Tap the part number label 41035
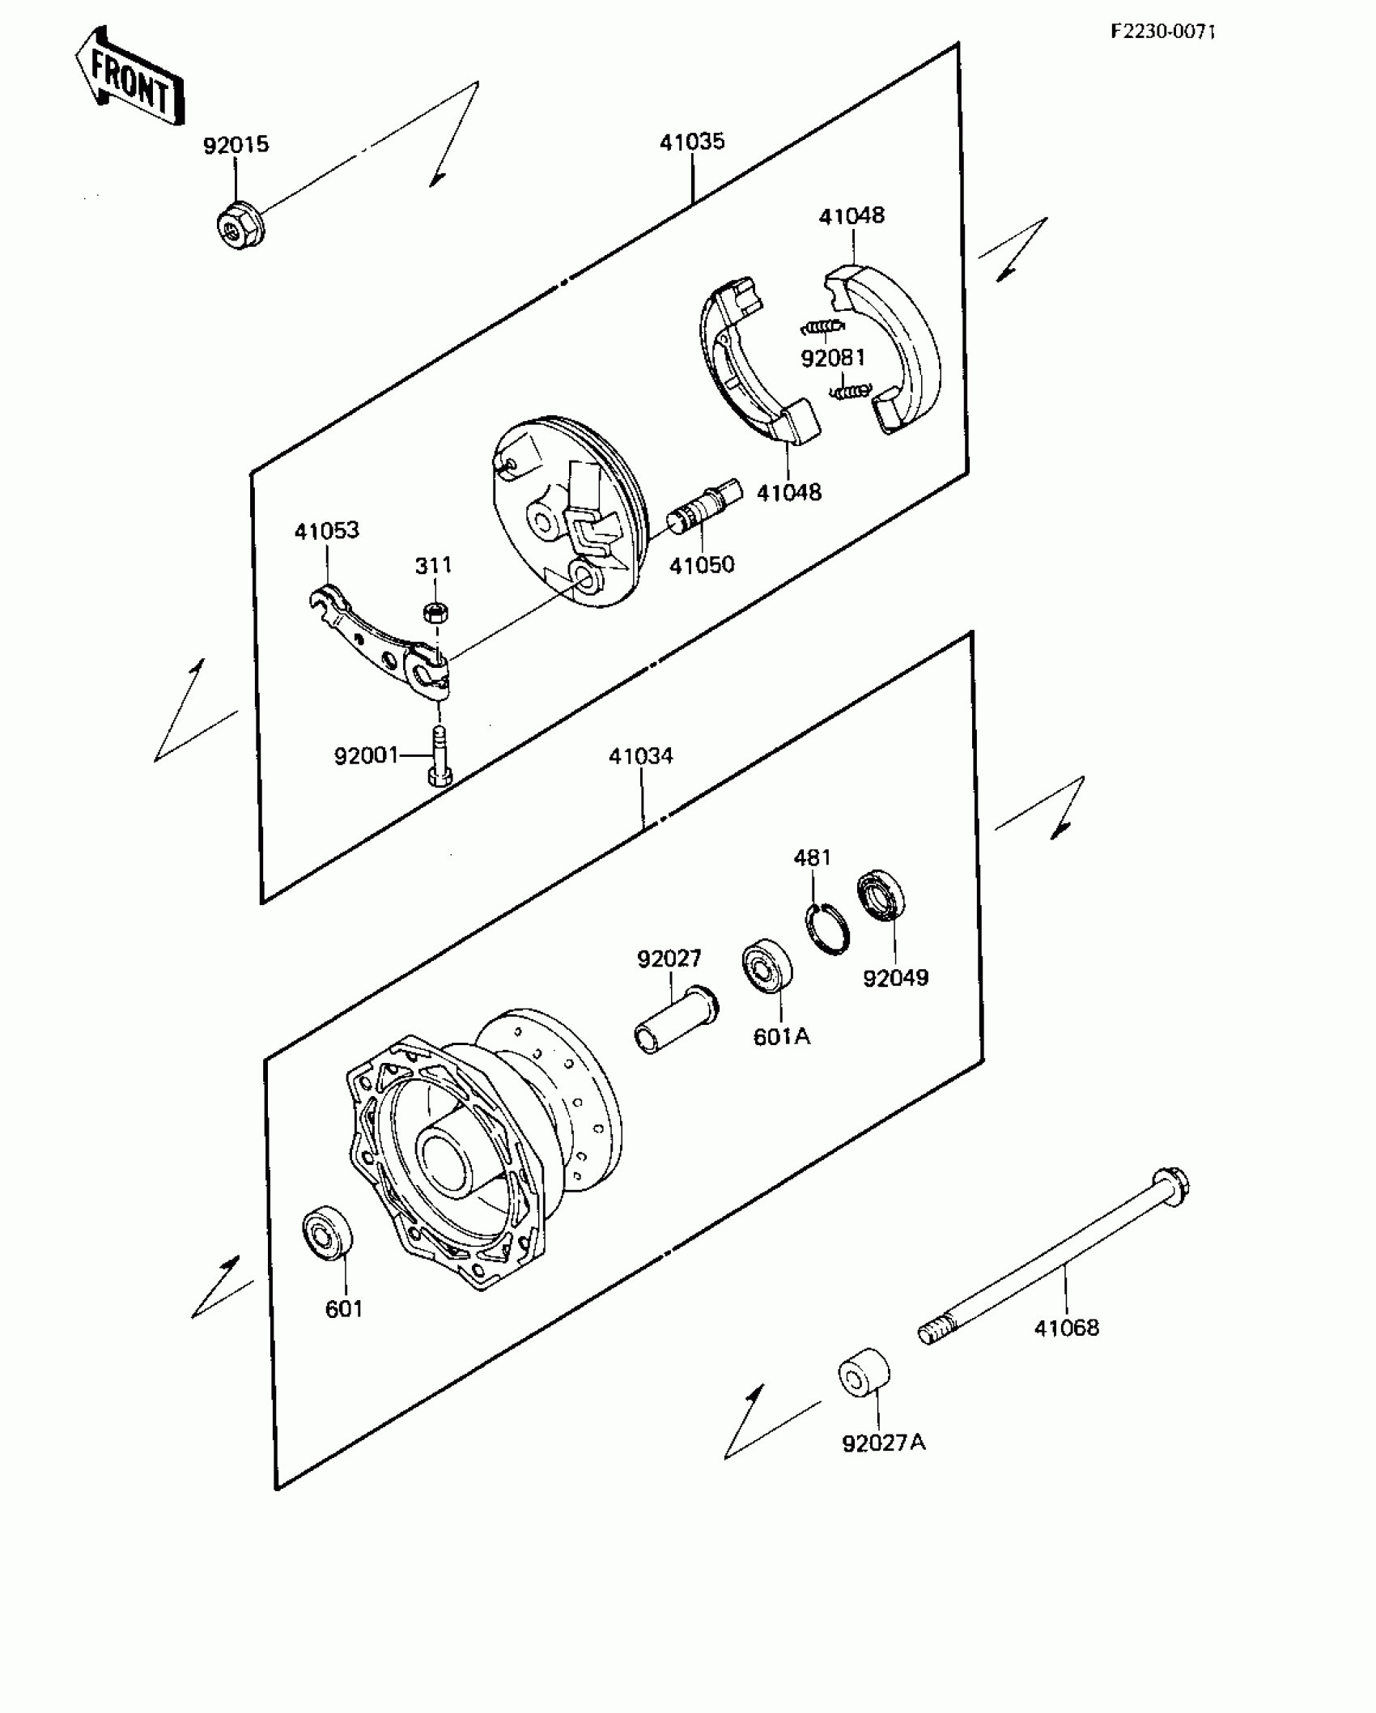692,142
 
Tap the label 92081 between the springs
833,358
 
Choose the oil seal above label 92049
881,895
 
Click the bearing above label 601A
767,965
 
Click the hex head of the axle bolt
1170,1187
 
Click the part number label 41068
1066,1328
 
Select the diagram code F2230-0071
1162,32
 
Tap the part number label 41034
641,756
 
